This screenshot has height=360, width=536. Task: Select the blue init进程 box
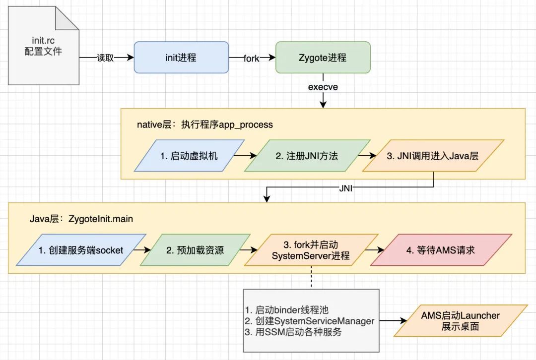pos(181,58)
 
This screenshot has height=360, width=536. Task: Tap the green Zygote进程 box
pos(323,58)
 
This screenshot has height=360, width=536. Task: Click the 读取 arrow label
pos(105,58)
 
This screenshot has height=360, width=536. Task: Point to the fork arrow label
pos(251,59)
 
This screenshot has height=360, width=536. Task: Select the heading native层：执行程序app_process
pos(205,124)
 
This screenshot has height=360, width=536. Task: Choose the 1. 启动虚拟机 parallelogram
pos(189,156)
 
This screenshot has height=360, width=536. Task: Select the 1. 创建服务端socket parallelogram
pos(80,250)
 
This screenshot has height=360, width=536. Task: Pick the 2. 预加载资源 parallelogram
pos(195,250)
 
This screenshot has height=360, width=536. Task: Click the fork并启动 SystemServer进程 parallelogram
pos(311,250)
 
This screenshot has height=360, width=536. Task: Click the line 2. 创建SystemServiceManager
pos(310,321)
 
